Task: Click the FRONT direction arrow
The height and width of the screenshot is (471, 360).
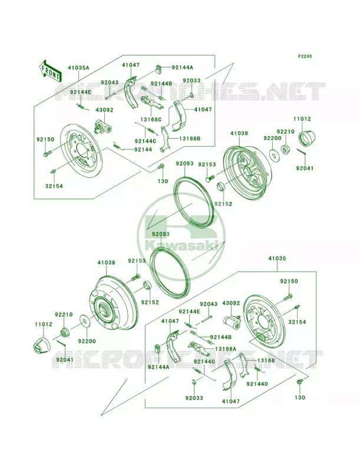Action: tap(49, 71)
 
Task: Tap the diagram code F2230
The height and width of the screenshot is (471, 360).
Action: tap(305, 56)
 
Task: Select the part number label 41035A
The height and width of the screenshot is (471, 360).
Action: tap(79, 68)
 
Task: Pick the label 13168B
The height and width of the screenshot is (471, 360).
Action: tap(190, 138)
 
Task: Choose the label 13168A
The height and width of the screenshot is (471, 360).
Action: tap(226, 349)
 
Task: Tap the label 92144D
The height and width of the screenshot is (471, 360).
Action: tap(257, 384)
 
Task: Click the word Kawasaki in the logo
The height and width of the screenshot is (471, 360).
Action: tap(181, 246)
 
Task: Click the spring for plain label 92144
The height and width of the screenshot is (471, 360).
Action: tap(118, 145)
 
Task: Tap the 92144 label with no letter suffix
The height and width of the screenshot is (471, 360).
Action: tap(143, 150)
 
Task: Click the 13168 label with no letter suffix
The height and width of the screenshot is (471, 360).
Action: tap(266, 360)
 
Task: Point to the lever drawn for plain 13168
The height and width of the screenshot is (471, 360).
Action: tap(245, 365)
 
